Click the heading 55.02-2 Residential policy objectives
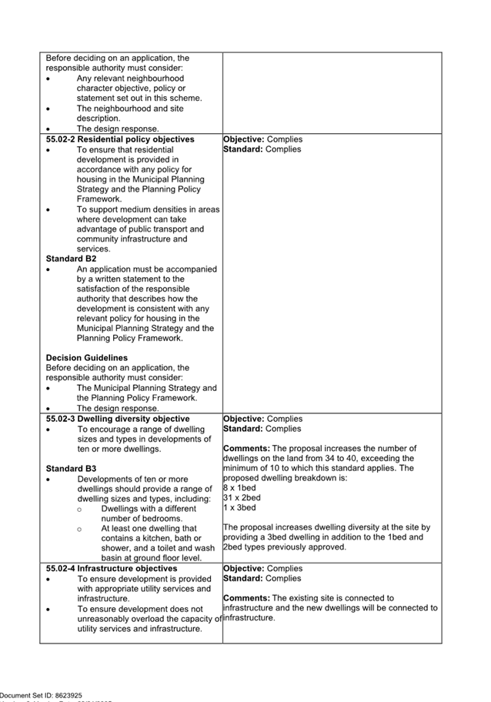click(x=120, y=139)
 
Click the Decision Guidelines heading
click(x=87, y=358)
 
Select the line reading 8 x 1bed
click(x=239, y=488)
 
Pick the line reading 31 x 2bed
click(x=242, y=498)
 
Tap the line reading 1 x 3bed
click(x=239, y=508)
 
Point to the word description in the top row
click(x=99, y=119)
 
